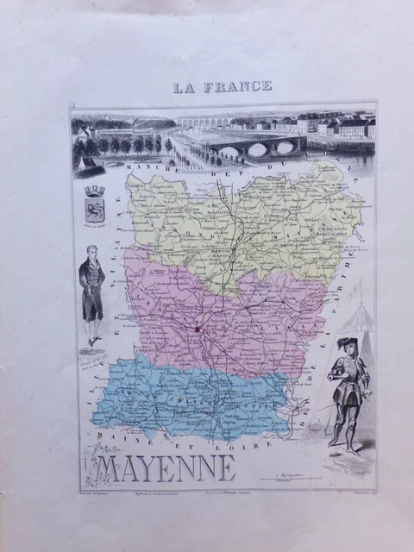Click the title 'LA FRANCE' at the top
(223, 85)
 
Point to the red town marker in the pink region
(197, 329)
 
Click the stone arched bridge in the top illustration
(250, 148)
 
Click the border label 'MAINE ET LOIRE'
(172, 446)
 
